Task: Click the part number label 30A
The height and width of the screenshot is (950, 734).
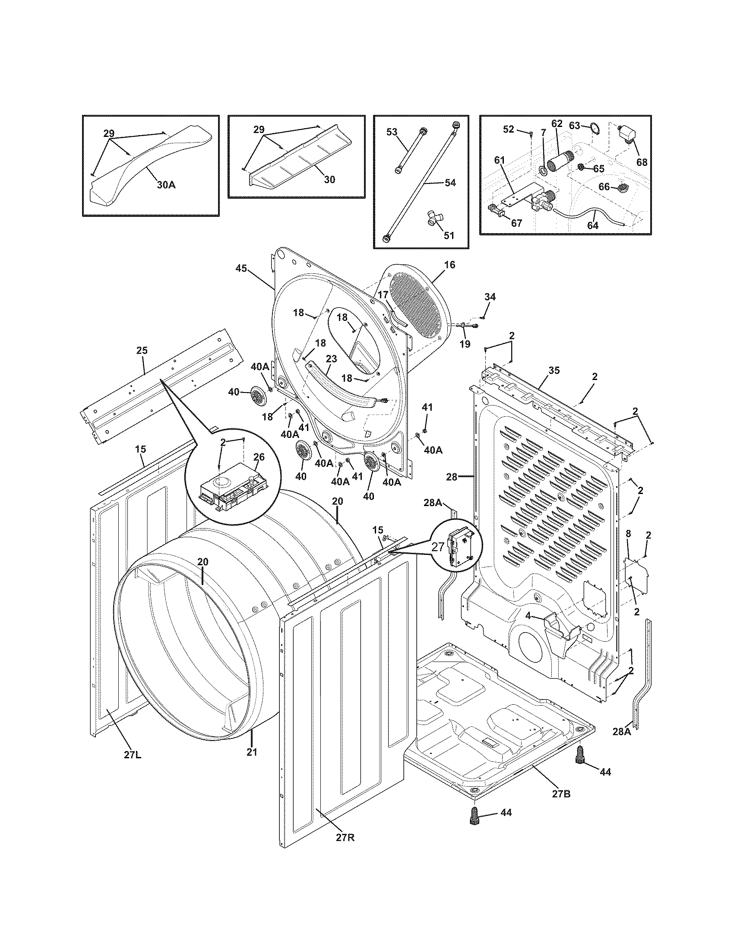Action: pos(166,185)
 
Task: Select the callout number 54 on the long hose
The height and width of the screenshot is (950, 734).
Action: pos(450,183)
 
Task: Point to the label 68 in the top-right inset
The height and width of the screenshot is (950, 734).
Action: pos(641,162)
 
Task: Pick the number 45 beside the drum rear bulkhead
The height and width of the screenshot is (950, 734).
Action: pos(241,269)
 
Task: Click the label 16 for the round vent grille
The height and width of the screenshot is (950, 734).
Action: pos(449,264)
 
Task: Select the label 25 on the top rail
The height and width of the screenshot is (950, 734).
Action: pos(142,350)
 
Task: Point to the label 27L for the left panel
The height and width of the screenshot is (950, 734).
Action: pos(132,755)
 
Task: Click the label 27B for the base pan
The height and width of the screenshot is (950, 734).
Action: pos(561,794)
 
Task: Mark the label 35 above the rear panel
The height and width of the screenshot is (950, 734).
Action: pos(554,370)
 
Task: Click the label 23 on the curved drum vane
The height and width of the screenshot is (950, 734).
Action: pos(331,359)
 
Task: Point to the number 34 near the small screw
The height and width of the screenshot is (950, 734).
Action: pos(490,297)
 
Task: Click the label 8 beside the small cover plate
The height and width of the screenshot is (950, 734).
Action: pos(628,533)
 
